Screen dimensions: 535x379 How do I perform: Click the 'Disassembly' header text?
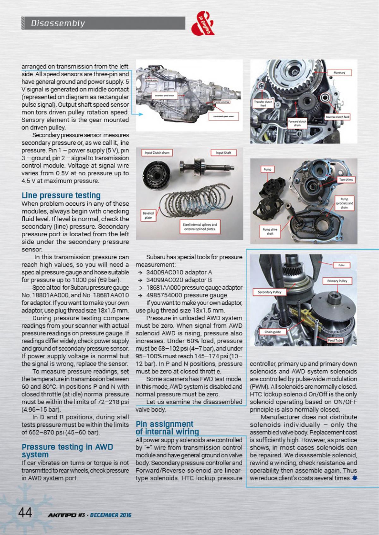[58, 23]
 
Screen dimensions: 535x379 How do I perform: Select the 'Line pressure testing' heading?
[61, 195]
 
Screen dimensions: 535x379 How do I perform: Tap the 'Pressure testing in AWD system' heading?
[67, 451]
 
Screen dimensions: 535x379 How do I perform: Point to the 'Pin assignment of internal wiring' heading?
[167, 428]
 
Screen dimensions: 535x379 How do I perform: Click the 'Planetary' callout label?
[340, 73]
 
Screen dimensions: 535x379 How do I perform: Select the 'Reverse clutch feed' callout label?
[338, 117]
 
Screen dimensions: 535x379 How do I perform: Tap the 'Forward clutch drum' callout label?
[297, 123]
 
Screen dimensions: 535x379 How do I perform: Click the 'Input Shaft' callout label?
[224, 153]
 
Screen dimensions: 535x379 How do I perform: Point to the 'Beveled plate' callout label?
[148, 215]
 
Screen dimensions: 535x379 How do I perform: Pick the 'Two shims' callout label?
[346, 179]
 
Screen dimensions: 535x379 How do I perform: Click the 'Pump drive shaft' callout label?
[270, 232]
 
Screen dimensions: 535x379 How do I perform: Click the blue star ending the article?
[355, 478]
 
